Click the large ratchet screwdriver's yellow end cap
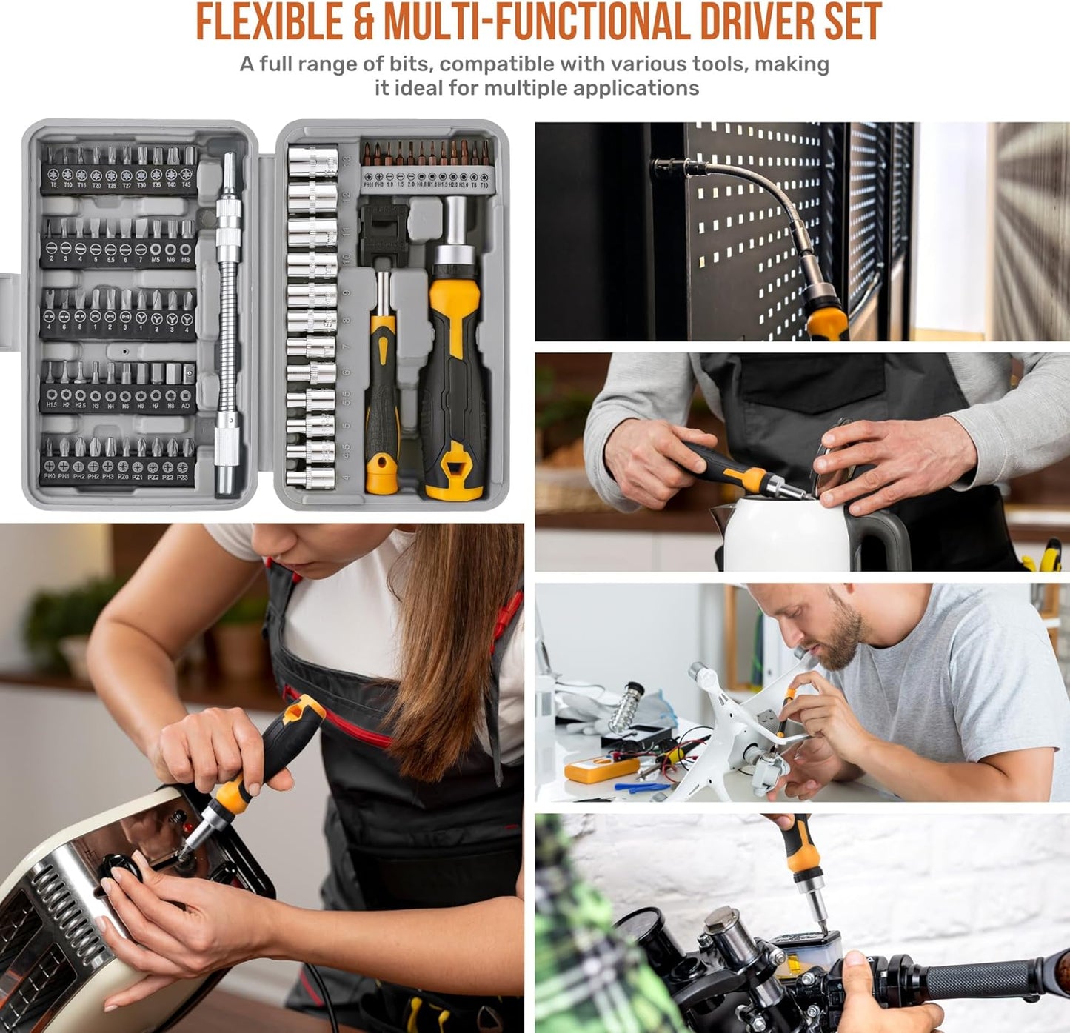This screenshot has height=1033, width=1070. [x=453, y=474]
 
